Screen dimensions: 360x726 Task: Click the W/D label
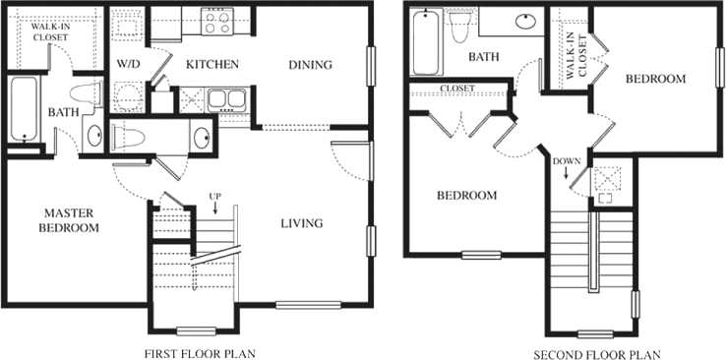[129, 65]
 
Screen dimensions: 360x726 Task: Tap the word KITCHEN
[212, 65]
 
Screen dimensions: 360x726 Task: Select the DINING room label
[310, 65]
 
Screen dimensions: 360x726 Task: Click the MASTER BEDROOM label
[70, 219]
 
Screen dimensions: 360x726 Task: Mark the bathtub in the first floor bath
[22, 110]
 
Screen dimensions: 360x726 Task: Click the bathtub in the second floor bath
[424, 40]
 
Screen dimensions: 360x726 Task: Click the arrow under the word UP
[214, 210]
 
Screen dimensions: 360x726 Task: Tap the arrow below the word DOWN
[568, 175]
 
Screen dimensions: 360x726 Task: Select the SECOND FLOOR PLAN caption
[596, 352]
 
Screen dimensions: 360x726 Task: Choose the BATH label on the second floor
[483, 57]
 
